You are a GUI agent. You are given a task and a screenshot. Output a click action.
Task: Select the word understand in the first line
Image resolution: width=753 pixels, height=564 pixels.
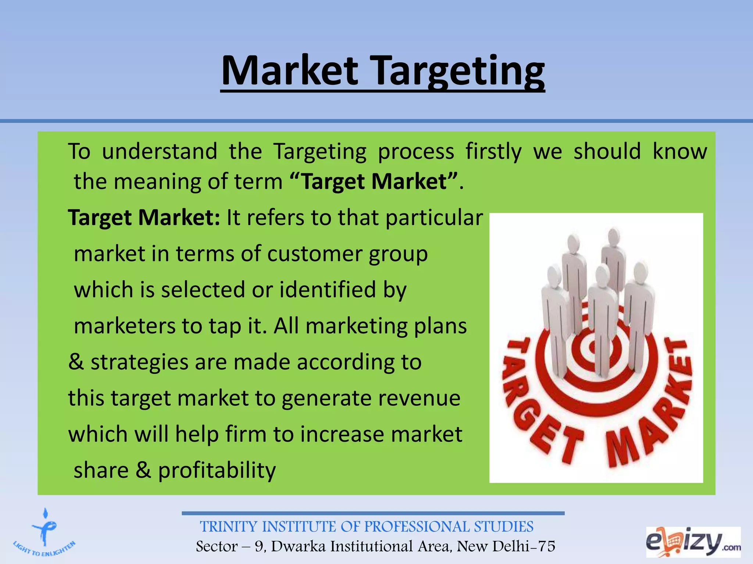[159, 151]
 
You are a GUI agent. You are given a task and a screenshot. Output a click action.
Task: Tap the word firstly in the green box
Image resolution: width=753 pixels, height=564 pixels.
[493, 151]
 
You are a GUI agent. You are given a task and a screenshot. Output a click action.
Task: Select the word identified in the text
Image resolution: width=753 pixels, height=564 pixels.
[328, 289]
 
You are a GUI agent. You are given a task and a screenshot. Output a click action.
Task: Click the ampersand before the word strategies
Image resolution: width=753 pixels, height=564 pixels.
[76, 362]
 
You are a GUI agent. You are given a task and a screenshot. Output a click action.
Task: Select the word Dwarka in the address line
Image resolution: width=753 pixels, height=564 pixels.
[298, 546]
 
